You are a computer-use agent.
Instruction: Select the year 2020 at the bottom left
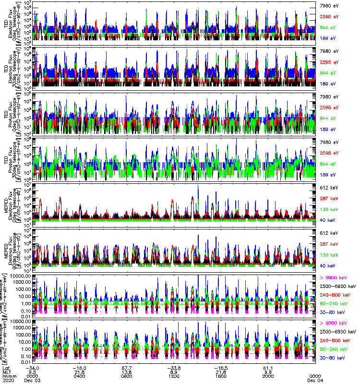9,381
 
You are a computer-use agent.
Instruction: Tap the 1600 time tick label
222,376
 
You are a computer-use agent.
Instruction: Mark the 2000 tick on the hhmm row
269,376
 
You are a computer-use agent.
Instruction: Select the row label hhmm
8,376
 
